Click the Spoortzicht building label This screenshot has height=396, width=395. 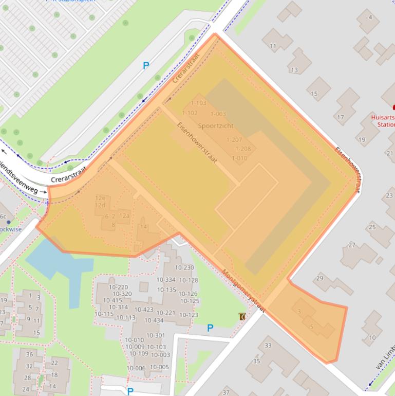click(216, 125)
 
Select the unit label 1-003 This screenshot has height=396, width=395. click(218, 114)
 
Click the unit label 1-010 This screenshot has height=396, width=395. click(239, 158)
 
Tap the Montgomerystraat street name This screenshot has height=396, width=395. click(243, 291)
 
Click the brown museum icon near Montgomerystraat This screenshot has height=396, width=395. click(242, 316)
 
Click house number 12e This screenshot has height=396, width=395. click(100, 198)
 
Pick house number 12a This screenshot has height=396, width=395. click(124, 216)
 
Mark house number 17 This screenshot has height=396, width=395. click(341, 117)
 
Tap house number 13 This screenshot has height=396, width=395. click(294, 70)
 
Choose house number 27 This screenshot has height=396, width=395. click(352, 245)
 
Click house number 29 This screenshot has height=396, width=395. click(319, 278)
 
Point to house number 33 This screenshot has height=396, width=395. click(268, 346)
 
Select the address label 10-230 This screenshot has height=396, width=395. click(184, 267)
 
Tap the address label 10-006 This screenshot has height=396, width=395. click(136, 368)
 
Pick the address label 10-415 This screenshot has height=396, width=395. click(112, 300)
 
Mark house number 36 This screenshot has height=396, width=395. click(29, 354)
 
